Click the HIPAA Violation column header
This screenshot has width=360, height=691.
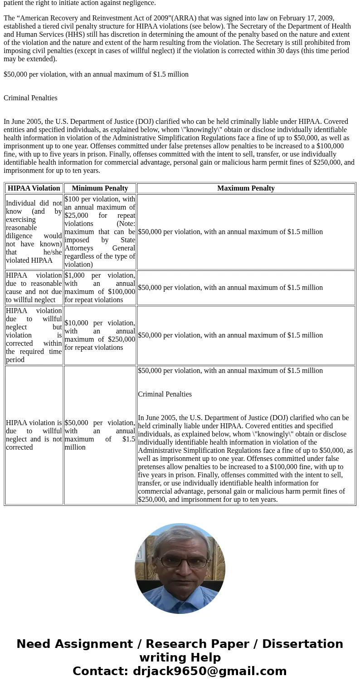34,188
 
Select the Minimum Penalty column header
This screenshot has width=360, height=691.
100,188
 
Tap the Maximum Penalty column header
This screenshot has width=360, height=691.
246,188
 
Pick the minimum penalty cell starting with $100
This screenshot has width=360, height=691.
100,232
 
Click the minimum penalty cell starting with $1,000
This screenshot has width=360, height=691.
100,288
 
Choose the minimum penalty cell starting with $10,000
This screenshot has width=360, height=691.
100,335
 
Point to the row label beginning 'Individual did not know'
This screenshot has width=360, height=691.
34,232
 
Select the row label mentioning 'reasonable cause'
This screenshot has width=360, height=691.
34,288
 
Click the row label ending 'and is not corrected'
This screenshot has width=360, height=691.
34,435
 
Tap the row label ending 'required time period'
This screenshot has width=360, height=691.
34,335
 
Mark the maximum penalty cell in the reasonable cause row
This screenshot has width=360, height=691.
230,288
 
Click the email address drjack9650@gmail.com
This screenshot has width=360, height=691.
209,671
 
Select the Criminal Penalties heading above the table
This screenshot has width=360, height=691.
30,98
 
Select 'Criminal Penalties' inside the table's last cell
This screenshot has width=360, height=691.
165,394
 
